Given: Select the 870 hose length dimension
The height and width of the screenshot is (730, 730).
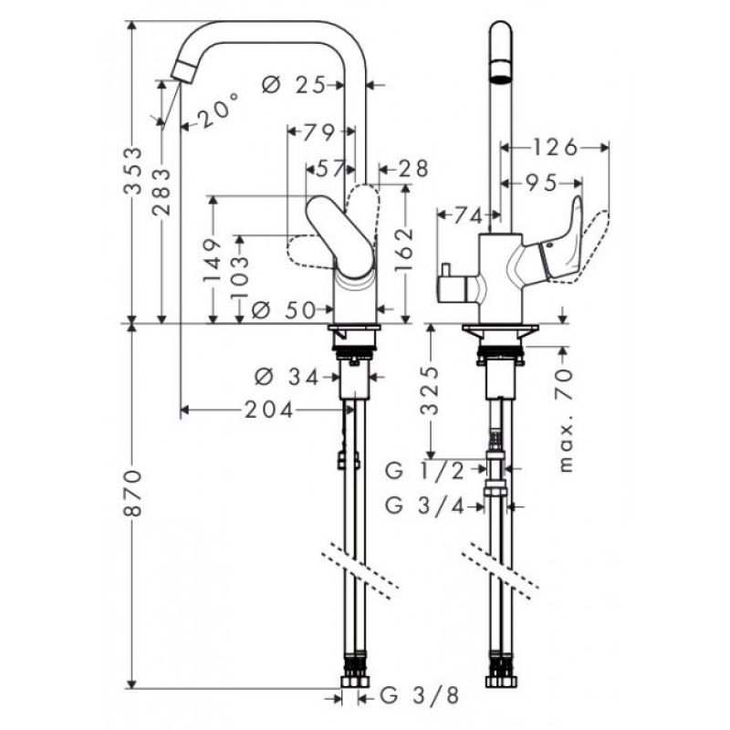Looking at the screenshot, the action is coord(133,493).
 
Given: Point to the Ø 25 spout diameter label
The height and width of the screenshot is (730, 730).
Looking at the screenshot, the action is coord(293,85).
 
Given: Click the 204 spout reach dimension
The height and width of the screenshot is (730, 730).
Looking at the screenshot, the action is coord(269,410).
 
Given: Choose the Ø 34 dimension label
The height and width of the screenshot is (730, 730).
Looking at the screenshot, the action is coord(287,377).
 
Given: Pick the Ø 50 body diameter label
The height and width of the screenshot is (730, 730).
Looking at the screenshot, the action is coord(284,309).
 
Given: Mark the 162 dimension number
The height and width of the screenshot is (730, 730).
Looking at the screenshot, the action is coord(404,249).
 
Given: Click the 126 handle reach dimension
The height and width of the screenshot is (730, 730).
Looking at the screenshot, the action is coord(555,148).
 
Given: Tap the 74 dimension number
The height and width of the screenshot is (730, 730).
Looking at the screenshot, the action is coord(467,215).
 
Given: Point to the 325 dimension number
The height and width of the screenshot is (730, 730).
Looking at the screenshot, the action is coord(429,391).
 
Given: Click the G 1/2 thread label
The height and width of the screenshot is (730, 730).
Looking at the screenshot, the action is coord(425,471).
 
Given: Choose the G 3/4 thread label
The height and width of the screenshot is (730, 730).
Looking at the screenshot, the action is coord(425,506).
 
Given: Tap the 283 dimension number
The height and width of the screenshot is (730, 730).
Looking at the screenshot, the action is coord(162,192).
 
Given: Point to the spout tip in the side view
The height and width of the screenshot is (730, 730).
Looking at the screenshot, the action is coord(181,73).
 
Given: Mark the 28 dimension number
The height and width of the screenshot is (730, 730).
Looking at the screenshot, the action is coord(412,169).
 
